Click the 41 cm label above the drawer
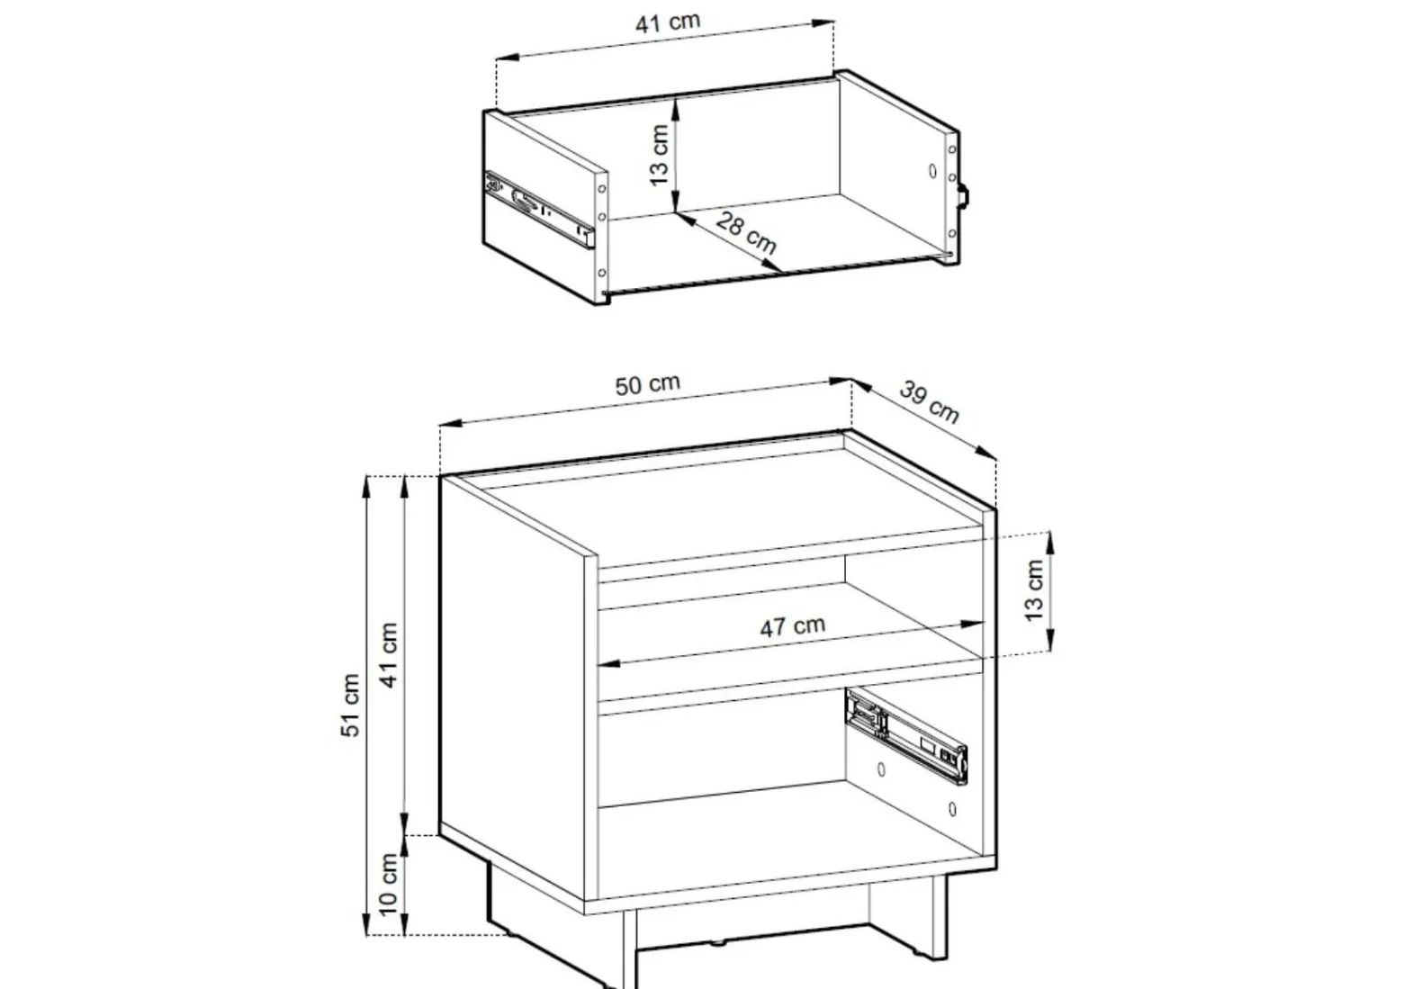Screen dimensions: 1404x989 [x=668, y=22]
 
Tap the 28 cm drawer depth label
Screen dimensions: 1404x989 [x=746, y=232]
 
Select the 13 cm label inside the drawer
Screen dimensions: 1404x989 [x=660, y=155]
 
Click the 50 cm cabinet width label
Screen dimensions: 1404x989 [x=647, y=384]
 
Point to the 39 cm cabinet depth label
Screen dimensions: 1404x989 [x=929, y=401]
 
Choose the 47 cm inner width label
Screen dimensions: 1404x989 [x=792, y=626]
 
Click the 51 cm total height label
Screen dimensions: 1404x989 [x=351, y=706]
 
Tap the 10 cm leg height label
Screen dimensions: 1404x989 [x=389, y=885]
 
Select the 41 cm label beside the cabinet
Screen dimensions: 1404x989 [x=389, y=655]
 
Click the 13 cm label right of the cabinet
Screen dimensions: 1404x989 [x=1033, y=590]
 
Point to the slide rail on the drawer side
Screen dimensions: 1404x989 [x=540, y=210]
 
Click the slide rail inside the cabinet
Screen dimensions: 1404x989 [x=906, y=736]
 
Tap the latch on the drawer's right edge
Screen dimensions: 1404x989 [x=963, y=195]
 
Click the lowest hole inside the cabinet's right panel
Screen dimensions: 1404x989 [x=952, y=810]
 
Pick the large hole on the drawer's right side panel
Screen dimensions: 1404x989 [x=932, y=170]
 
